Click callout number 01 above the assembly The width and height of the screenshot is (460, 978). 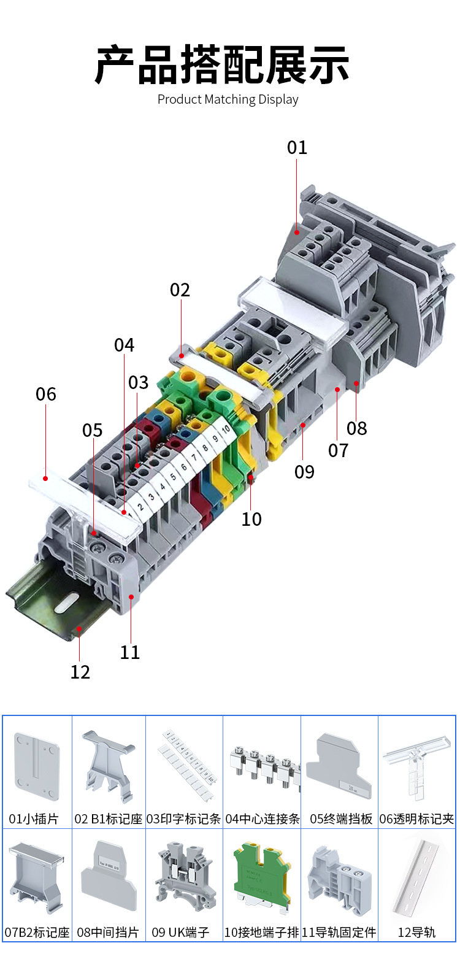click(x=297, y=147)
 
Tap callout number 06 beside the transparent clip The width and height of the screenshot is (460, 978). click(x=45, y=394)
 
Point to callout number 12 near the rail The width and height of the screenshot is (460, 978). click(x=80, y=672)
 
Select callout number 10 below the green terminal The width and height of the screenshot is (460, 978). click(x=251, y=519)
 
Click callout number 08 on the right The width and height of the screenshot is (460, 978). click(x=356, y=428)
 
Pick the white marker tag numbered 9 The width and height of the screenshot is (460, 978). click(x=215, y=439)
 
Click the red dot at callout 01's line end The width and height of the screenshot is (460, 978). click(x=297, y=232)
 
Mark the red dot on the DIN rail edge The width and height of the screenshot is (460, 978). click(x=79, y=628)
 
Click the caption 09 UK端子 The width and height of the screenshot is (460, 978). click(x=180, y=933)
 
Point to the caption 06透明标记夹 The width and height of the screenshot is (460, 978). click(x=416, y=818)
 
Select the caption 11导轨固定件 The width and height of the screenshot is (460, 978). click(x=339, y=933)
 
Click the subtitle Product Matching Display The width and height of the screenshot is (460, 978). click(x=228, y=99)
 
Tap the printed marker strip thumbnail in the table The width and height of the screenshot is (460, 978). click(x=185, y=761)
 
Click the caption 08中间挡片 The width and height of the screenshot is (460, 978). click(x=108, y=933)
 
